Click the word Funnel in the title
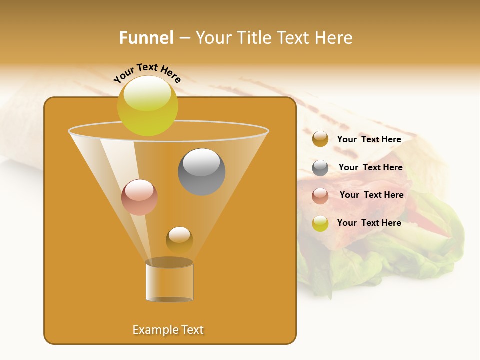tap(146, 38)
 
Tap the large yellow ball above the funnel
tap(147, 106)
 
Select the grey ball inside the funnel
tap(202, 171)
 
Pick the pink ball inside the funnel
tap(139, 197)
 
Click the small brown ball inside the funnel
tap(179, 240)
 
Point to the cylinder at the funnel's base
tap(169, 281)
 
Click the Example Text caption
tap(168, 330)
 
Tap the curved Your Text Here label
tap(147, 73)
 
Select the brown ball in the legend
tap(320, 139)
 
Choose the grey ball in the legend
tap(320, 168)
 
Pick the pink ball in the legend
tap(320, 196)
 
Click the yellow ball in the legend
tap(320, 223)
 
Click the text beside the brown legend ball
tap(369, 139)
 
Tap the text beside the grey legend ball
tap(370, 167)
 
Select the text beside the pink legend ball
tap(371, 195)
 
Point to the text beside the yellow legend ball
tap(369, 223)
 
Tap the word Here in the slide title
tap(335, 38)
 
